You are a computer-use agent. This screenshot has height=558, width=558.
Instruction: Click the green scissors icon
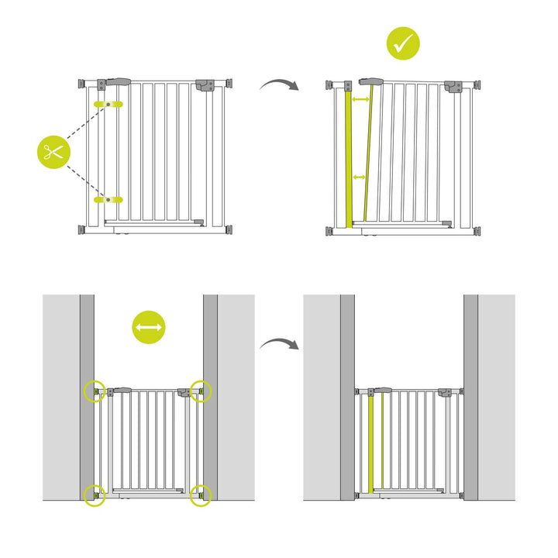[53, 152]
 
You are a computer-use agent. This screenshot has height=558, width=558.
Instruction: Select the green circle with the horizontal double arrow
[148, 328]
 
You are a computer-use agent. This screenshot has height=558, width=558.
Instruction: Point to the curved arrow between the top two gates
[278, 84]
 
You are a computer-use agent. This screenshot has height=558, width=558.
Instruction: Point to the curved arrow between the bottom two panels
[278, 343]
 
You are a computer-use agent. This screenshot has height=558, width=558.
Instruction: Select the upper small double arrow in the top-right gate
[360, 100]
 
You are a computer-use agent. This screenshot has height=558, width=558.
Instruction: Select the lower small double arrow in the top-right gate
[360, 178]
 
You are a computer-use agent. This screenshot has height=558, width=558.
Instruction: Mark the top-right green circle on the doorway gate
[201, 392]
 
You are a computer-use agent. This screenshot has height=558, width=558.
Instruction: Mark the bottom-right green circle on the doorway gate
[201, 494]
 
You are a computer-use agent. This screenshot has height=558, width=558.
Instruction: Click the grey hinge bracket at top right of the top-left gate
[205, 84]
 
